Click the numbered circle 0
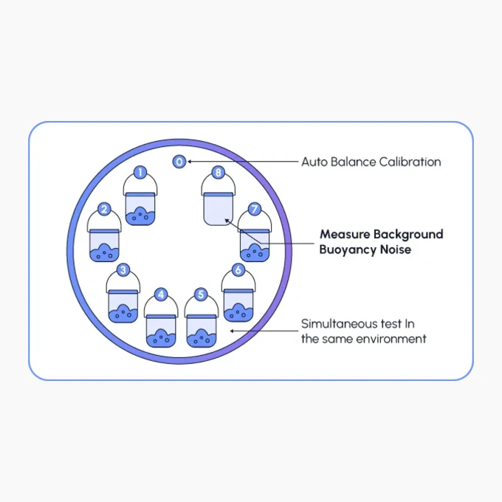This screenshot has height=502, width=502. [179, 162]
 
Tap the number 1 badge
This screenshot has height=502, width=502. [140, 172]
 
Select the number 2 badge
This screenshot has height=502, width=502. [104, 210]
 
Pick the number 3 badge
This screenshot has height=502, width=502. [123, 269]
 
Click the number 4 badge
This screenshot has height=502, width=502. [161, 295]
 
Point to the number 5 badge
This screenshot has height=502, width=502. [201, 295]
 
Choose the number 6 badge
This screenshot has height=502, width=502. [238, 269]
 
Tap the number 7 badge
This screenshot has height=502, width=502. [255, 209]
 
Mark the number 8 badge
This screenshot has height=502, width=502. [219, 173]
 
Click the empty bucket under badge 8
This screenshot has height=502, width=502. [219, 209]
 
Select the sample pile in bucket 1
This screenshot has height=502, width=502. [140, 216]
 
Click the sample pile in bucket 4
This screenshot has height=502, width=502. [161, 338]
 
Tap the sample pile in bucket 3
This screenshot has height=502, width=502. [123, 314]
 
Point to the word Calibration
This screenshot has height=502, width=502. [410, 162]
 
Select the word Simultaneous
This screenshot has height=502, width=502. [340, 323]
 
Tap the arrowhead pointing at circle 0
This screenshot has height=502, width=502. [189, 162]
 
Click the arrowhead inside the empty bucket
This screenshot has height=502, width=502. [227, 221]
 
